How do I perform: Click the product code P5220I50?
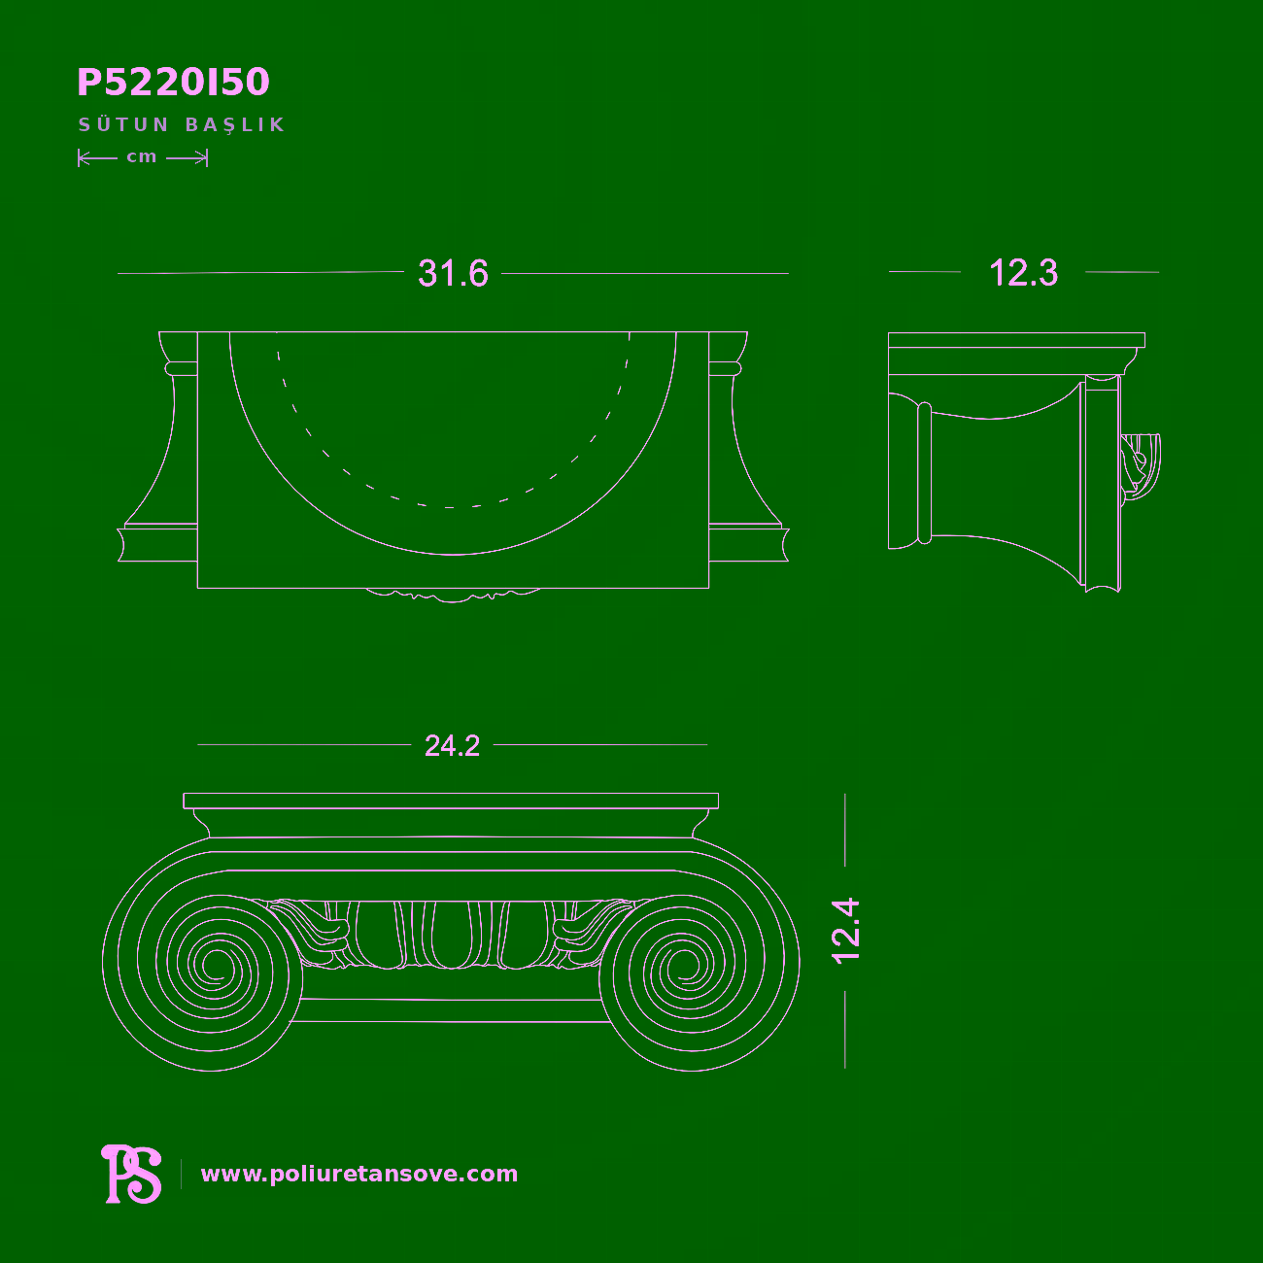173,82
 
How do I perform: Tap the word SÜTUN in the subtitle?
124,124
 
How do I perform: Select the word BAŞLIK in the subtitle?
235,125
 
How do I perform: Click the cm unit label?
142,157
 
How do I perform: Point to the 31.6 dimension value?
453,273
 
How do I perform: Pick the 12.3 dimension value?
1023,273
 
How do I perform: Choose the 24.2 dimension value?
452,746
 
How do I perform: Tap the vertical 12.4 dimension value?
845,932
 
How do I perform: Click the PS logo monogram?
132,1174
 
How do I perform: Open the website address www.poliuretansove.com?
359,1174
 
